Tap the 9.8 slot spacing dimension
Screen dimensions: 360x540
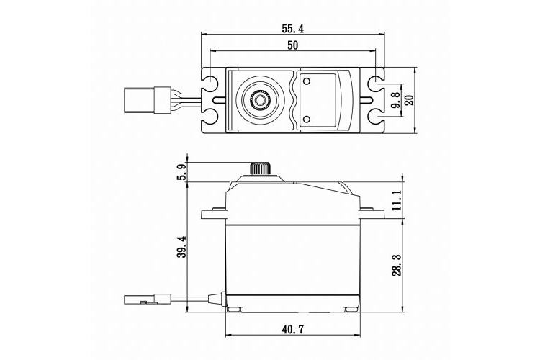tap(395, 101)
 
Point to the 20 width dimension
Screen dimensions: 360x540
tap(410, 100)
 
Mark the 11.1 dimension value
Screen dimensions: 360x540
tap(395, 198)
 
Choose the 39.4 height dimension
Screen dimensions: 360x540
tap(182, 247)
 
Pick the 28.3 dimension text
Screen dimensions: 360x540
tap(395, 264)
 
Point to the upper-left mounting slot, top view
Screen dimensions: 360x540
tap(212, 85)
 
